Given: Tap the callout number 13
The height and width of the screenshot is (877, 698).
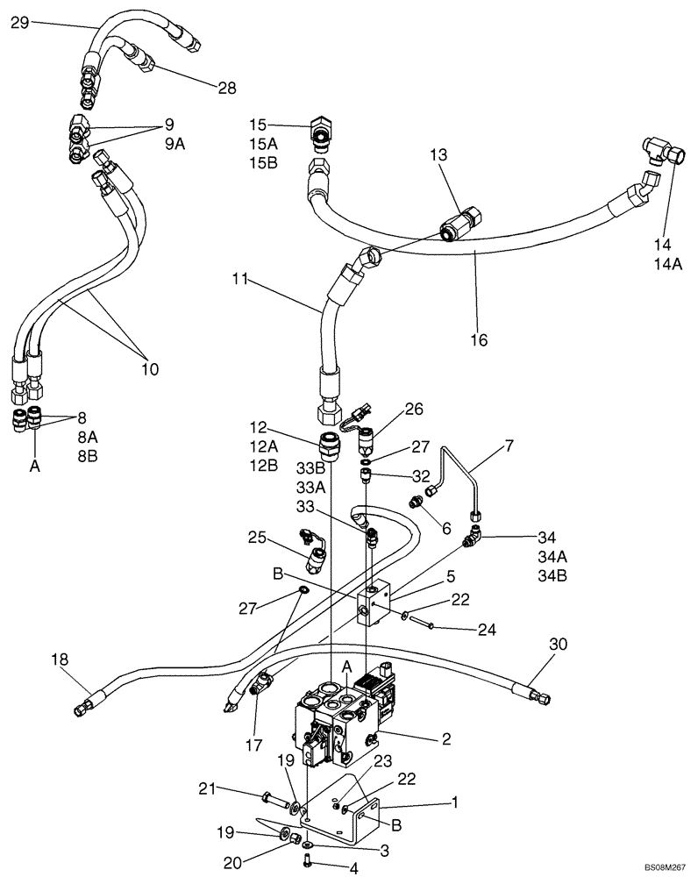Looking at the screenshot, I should coord(438,154).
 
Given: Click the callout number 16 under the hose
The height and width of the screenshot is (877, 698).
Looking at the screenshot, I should coord(479,339).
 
